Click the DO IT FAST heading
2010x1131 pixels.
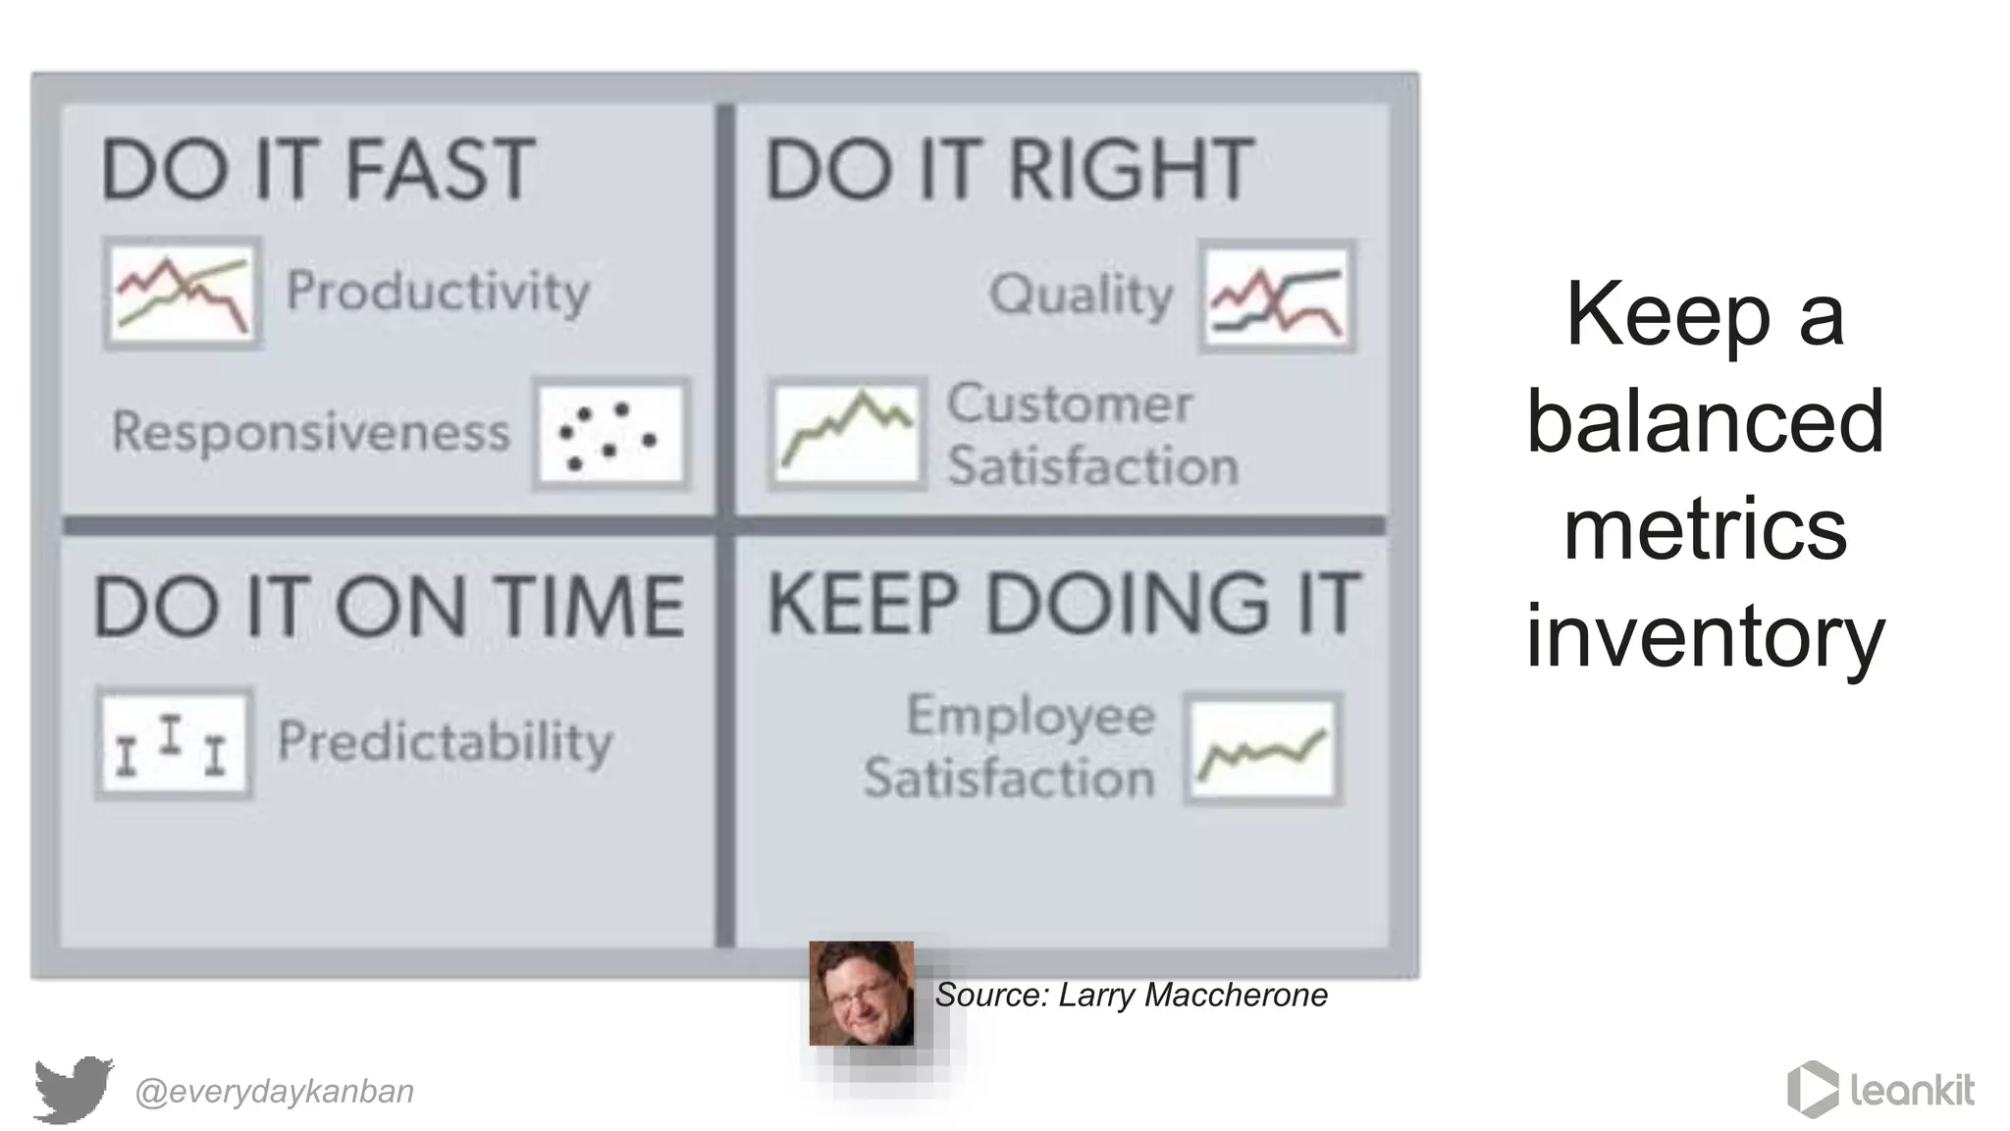tap(318, 171)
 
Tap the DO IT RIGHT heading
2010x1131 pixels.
tap(1009, 171)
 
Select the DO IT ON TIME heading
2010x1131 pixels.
tap(389, 607)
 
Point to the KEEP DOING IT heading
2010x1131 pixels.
tap(1063, 603)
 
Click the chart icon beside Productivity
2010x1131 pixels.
tap(183, 293)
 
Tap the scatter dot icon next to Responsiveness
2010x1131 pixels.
tap(611, 433)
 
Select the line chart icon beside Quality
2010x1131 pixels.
tap(1277, 296)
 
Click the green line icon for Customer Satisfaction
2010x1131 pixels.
tap(847, 433)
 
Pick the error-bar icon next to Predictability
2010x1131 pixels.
tap(174, 743)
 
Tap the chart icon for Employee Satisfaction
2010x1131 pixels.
tap(1262, 749)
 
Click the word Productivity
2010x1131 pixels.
tap(438, 292)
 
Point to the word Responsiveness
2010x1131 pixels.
tap(311, 432)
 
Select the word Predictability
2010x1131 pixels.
tap(445, 742)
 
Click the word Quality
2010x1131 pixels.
tap(1081, 295)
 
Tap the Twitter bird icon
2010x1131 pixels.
tap(73, 1089)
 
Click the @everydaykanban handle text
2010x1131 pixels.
tap(274, 1092)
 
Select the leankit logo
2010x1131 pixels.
tap(1880, 1089)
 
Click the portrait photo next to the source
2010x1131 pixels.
tap(861, 994)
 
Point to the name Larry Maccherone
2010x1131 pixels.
tap(1192, 996)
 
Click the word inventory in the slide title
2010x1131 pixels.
tap(1705, 636)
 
